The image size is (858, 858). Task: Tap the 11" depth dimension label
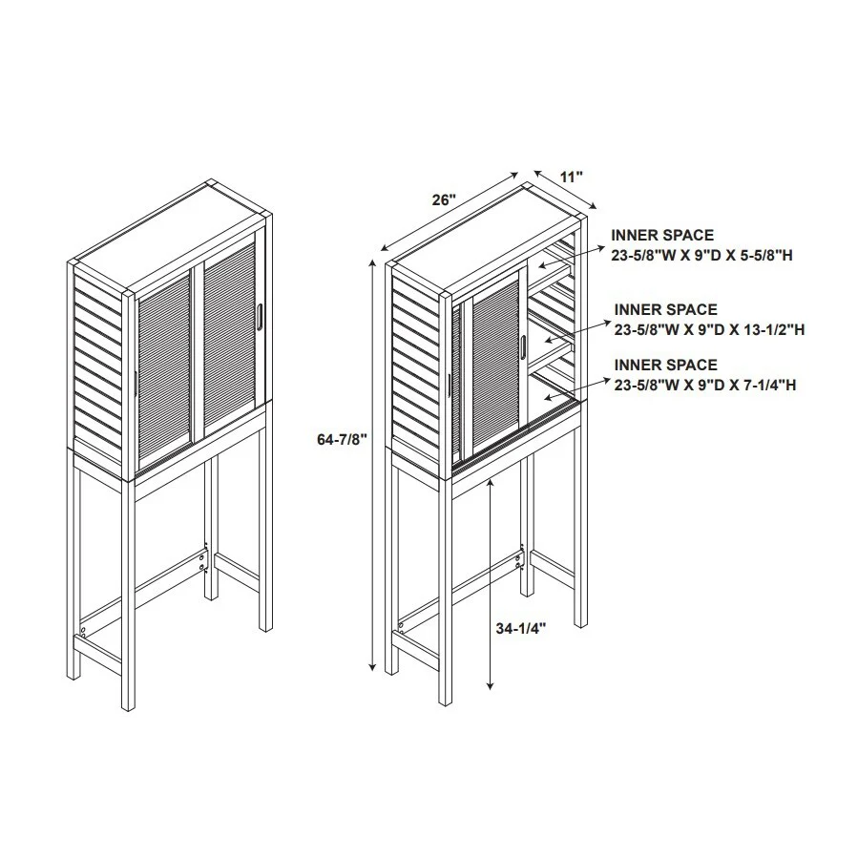point(571,177)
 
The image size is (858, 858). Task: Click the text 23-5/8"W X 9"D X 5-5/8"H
point(703,253)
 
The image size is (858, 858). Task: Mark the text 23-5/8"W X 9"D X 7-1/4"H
point(705,385)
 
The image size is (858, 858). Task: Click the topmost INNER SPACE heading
point(662,235)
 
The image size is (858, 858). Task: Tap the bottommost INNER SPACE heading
point(665,366)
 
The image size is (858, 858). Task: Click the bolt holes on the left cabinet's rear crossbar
point(203,559)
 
